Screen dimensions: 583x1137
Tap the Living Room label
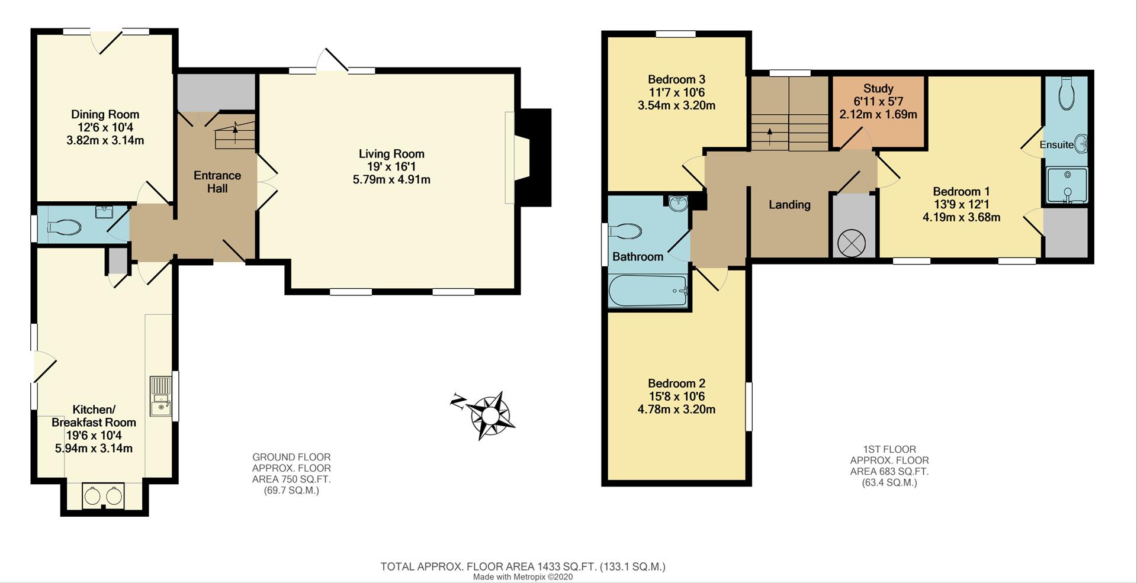(391, 154)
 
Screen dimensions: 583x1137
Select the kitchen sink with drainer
(160, 397)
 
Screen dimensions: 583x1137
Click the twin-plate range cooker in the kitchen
(104, 495)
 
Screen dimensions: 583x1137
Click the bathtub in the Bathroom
(648, 291)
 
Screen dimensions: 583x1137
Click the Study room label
(878, 89)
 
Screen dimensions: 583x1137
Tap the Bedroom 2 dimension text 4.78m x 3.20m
(676, 410)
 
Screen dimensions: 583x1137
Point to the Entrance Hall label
(217, 182)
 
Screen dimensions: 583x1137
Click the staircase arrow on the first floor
(770, 133)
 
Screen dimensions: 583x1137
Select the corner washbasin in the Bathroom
(678, 203)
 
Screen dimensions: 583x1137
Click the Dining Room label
(105, 114)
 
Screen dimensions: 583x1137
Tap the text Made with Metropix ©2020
(523, 576)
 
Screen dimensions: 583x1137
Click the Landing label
(789, 205)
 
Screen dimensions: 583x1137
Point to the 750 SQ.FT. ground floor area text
(291, 479)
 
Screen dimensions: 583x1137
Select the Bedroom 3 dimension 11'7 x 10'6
(676, 92)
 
